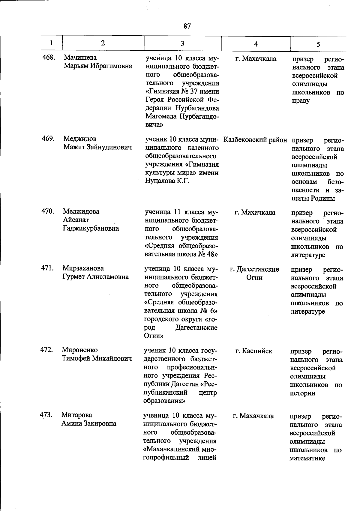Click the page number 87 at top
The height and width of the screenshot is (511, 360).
click(x=187, y=26)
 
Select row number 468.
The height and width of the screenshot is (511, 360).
click(x=48, y=57)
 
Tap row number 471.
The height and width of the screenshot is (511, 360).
click(x=47, y=268)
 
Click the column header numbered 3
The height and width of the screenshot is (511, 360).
click(x=182, y=43)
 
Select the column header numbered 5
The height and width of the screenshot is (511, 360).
click(x=318, y=44)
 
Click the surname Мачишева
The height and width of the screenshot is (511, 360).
click(x=80, y=57)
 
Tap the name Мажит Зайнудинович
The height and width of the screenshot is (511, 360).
click(x=97, y=147)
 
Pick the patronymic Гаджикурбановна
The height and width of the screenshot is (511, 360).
click(x=91, y=228)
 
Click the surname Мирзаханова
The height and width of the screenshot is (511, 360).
click(x=83, y=268)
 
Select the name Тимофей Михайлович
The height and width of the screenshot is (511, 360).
click(x=97, y=358)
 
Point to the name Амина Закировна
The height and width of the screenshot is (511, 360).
click(x=89, y=423)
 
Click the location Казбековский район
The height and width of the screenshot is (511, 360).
click(x=255, y=140)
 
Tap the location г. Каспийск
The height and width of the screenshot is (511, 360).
click(x=254, y=351)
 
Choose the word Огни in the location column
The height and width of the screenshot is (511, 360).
click(x=254, y=278)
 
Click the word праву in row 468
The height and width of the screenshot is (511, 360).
click(x=301, y=100)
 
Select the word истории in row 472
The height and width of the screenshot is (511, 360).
click(x=302, y=393)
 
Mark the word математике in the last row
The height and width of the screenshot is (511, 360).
click(x=307, y=458)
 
